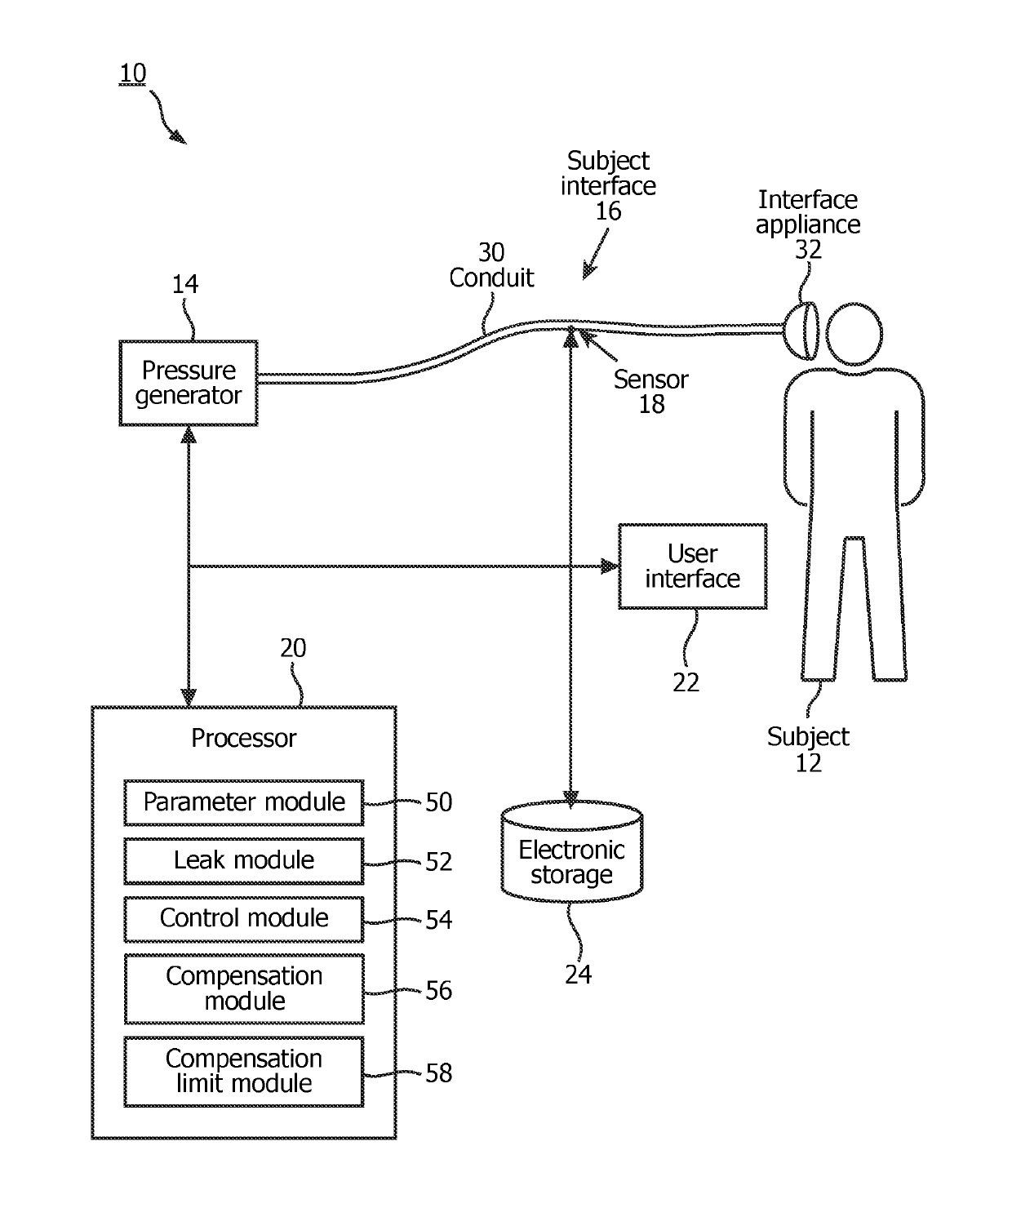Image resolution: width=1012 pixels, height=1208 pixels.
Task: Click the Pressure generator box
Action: coord(188,383)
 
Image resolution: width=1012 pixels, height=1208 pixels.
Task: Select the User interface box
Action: coord(693,566)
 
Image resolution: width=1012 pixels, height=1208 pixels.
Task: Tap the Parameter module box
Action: coord(243,802)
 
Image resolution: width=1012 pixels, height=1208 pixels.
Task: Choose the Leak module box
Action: coord(243,861)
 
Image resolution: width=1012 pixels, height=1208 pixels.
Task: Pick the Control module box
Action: coord(243,919)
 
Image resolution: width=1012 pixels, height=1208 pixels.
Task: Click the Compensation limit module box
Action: coord(243,1072)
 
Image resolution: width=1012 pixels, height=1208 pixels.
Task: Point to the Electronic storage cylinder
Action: coord(571,851)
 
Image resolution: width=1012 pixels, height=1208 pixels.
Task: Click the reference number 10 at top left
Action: coord(132,74)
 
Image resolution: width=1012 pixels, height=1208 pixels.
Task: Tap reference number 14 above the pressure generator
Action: coord(185,284)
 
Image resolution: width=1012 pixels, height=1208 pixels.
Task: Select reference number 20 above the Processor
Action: coord(293,648)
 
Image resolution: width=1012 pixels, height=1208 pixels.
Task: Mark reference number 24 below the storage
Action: coord(578,975)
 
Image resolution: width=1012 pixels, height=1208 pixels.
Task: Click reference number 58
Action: coord(438,1073)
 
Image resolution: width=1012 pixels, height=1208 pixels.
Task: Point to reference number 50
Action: coord(438,802)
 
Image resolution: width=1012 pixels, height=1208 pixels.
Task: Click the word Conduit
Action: coord(491,278)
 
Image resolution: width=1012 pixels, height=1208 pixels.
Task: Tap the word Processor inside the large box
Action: coord(243,738)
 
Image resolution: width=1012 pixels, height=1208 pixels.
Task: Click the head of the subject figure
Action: coord(854,334)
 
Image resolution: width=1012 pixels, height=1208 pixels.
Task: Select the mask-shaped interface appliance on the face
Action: coord(801,331)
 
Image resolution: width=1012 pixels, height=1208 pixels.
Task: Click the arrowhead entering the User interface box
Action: coord(610,566)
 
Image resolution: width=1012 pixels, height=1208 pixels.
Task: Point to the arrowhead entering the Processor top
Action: coord(189,697)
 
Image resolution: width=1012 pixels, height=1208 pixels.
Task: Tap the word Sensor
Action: coord(651,380)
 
